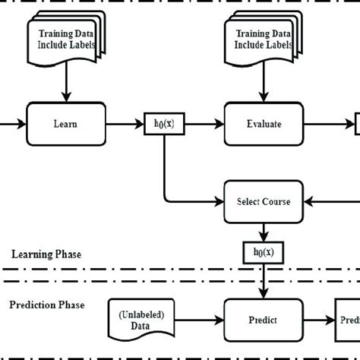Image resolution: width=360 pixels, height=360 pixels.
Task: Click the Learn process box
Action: tap(65, 122)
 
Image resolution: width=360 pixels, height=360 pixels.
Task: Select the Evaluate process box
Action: tap(264, 122)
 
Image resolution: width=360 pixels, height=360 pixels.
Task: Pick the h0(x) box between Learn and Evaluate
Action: tap(164, 123)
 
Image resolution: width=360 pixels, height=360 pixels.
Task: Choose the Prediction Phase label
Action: tap(47, 305)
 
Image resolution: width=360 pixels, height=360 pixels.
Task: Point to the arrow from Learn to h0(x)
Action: tap(125, 123)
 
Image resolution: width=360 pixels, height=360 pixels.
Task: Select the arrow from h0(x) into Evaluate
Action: tap(204, 123)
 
